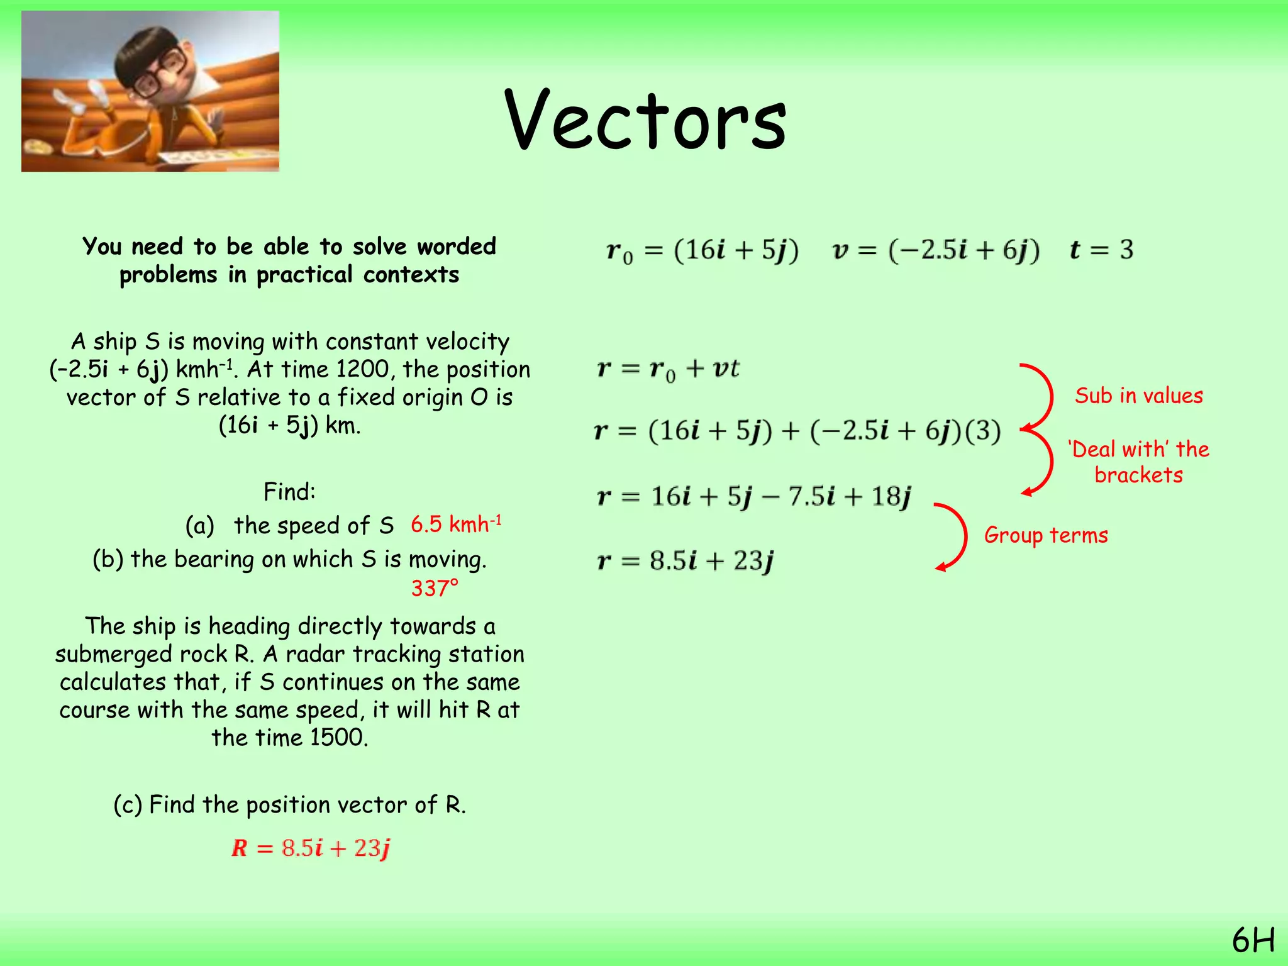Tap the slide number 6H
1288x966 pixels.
coord(1253,941)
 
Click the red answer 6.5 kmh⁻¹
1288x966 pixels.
coord(456,524)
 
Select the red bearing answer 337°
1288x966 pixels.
coord(435,589)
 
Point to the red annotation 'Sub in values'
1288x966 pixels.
coord(1138,396)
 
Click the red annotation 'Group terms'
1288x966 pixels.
coord(1046,535)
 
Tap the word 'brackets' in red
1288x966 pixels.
coord(1138,475)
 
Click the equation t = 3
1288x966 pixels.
coord(1101,250)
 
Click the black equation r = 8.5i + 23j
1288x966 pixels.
coord(685,560)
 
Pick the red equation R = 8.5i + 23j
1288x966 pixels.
coord(311,848)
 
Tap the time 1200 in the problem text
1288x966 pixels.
coord(362,369)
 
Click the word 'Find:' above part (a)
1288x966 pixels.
coord(289,492)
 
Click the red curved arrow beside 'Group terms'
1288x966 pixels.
coord(954,536)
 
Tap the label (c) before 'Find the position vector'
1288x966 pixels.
coord(128,805)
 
